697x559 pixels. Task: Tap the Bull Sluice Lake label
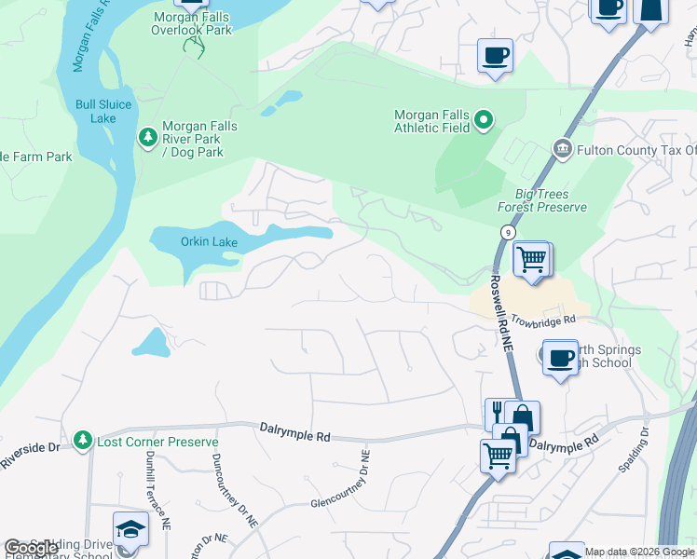pyautogui.click(x=103, y=111)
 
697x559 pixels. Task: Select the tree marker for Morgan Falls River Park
pyautogui.click(x=147, y=138)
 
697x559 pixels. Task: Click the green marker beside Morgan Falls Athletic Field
pyautogui.click(x=483, y=119)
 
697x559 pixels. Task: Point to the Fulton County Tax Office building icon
pyautogui.click(x=561, y=149)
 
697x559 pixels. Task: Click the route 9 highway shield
pyautogui.click(x=506, y=231)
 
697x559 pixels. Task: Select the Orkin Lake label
pyautogui.click(x=210, y=243)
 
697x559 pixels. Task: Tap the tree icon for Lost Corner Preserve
pyautogui.click(x=83, y=440)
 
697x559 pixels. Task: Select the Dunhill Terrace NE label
pyautogui.click(x=156, y=489)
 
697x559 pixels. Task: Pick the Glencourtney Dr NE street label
pyautogui.click(x=342, y=489)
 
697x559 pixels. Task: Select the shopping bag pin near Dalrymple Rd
pyautogui.click(x=522, y=417)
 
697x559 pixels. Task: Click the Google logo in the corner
pyautogui.click(x=31, y=548)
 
